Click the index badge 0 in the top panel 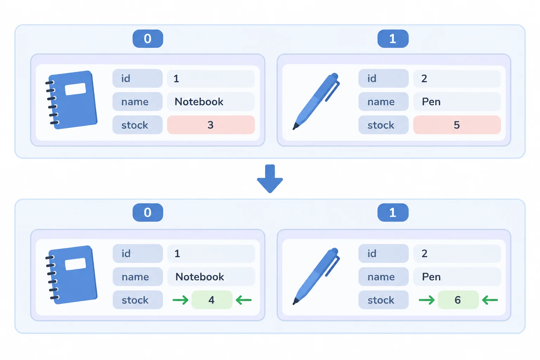click(x=148, y=39)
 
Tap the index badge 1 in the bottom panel click(x=393, y=212)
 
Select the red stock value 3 click(x=211, y=125)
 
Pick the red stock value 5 click(x=457, y=125)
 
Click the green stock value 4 click(x=212, y=300)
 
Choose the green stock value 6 click(x=458, y=300)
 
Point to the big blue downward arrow click(x=270, y=179)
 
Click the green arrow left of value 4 click(x=180, y=300)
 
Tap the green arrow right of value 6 click(x=490, y=300)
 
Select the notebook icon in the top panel click(x=72, y=100)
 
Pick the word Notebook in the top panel click(x=199, y=102)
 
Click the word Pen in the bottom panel click(x=431, y=277)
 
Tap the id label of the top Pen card click(x=383, y=78)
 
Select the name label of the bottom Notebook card click(x=138, y=277)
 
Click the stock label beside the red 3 click(x=137, y=125)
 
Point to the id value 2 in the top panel click(x=424, y=79)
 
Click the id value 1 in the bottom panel click(x=177, y=253)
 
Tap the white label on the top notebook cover click(x=76, y=89)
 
